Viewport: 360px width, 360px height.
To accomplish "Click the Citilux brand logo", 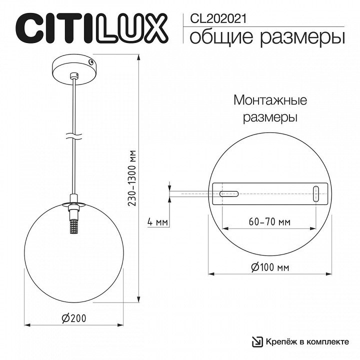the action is click(92, 28).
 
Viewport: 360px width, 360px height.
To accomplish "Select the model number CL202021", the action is click(218, 19).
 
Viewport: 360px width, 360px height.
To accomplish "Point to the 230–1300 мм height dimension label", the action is click(132, 178).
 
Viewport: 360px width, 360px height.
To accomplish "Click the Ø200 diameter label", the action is click(74, 318).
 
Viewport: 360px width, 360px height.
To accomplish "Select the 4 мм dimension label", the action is click(157, 222).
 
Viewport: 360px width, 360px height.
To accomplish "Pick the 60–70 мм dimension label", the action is click(269, 222).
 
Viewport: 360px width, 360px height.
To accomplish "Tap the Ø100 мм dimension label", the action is click(270, 267).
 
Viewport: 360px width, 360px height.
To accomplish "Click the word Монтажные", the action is click(270, 100).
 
